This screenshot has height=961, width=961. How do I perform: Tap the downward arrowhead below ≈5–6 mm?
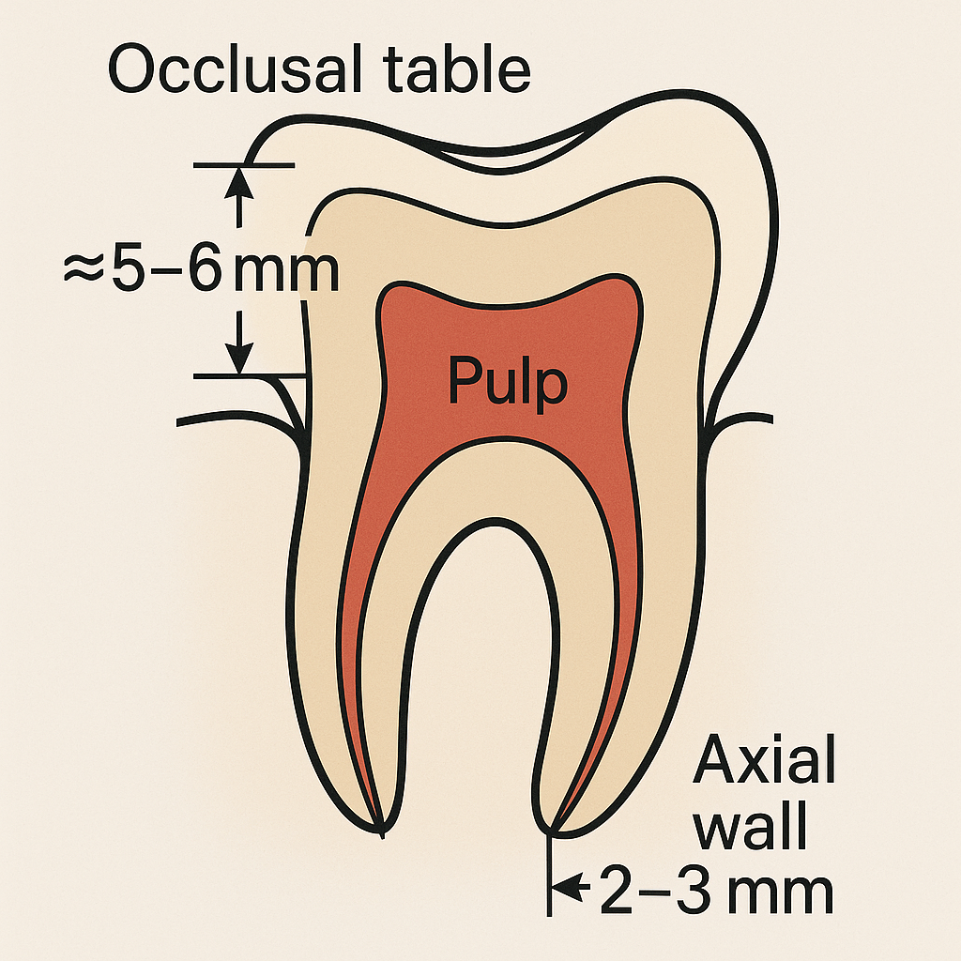point(241,358)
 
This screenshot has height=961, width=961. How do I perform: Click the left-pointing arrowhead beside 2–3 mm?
point(564,884)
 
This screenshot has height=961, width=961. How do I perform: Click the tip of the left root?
point(382,831)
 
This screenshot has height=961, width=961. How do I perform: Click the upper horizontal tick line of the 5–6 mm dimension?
point(243,165)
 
